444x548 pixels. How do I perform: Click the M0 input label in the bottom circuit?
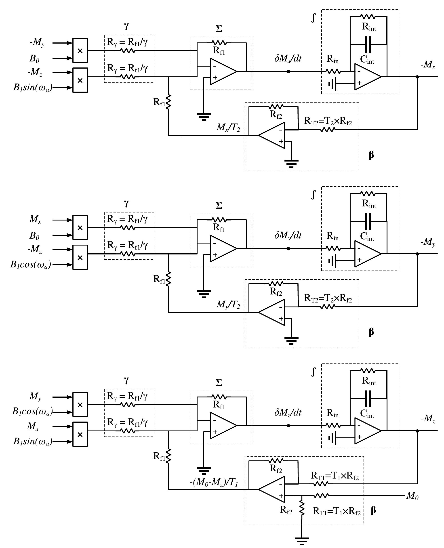tap(412, 496)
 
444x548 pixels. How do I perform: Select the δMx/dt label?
tap(288, 58)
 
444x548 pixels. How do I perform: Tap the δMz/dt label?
tap(288, 412)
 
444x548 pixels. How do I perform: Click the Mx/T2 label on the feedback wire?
tap(228, 127)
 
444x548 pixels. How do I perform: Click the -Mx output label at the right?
tap(428, 65)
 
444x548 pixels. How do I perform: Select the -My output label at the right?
tap(428, 242)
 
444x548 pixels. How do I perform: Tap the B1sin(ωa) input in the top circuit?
tap(33, 88)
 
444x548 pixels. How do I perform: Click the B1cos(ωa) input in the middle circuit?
tap(31, 265)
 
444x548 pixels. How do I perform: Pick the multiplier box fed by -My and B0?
tap(80, 50)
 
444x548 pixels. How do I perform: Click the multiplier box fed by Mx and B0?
tap(80, 227)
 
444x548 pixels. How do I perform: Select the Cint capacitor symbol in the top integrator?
tap(368, 44)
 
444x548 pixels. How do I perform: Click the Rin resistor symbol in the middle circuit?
tap(333, 248)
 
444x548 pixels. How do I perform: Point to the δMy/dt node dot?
tap(288, 248)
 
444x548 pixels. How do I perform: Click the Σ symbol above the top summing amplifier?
tap(219, 29)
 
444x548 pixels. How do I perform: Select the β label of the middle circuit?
tap(371, 332)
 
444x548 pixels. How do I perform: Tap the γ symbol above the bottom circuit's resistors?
tap(126, 380)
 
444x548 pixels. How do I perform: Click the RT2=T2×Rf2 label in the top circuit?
tap(328, 121)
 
